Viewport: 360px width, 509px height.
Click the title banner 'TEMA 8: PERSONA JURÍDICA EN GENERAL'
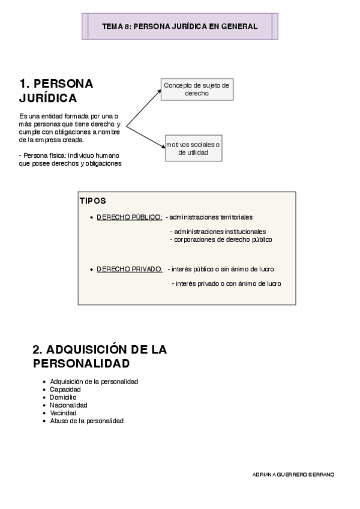180,26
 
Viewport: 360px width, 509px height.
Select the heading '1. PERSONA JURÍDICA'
56,90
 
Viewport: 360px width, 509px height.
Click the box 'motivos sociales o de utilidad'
193,148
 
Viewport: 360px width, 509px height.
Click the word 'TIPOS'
92,200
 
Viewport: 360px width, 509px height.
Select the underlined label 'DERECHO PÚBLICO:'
129,217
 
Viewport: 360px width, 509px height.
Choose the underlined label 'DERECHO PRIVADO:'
130,269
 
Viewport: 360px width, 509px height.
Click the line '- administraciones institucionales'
218,232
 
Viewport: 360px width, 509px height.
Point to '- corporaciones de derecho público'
221,239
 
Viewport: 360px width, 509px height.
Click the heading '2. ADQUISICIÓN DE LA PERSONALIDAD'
100,357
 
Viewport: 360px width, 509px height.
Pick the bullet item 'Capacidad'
65,390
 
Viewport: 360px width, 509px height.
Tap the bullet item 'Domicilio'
64,397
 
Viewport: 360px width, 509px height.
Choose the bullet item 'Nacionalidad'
69,405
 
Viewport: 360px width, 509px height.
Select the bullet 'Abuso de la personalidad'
87,421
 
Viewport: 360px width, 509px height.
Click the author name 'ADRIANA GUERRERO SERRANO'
294,474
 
